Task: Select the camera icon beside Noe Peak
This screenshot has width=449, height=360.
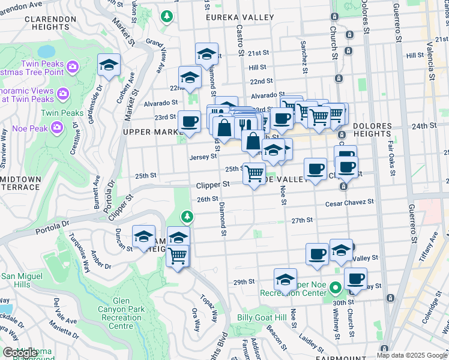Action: (58, 127)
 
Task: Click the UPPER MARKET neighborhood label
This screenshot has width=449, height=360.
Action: (150, 132)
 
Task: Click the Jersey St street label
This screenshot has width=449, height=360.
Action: (202, 157)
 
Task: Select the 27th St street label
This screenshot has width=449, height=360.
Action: (303, 220)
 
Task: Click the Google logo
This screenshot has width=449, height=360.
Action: (20, 353)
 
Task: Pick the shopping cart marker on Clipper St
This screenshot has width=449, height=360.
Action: (254, 173)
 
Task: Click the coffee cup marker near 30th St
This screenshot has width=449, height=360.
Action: (355, 279)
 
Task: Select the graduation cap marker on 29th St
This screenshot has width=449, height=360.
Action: (285, 279)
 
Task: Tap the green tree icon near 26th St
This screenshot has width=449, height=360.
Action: (187, 215)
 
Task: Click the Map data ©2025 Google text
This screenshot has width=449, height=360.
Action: (411, 355)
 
